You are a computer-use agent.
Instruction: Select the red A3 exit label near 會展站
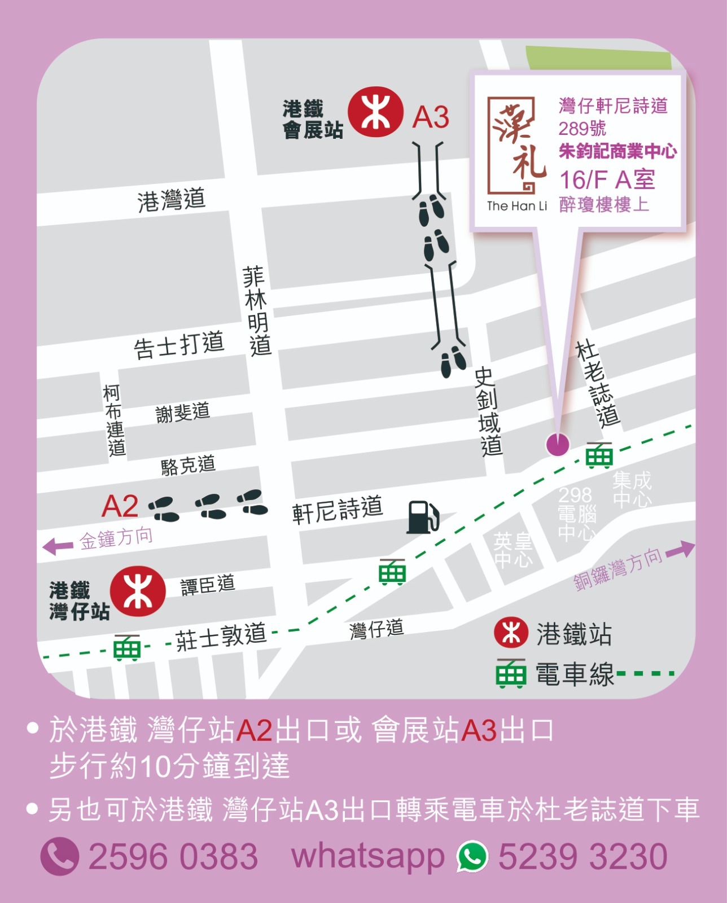[x=431, y=117]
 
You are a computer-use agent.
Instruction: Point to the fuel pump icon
[x=423, y=516]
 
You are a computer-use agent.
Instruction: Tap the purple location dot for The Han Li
[x=558, y=445]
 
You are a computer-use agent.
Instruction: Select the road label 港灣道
[x=171, y=200]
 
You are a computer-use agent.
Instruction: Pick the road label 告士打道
[x=179, y=344]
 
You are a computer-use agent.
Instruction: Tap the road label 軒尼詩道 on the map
[x=337, y=510]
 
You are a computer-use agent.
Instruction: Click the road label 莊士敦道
[x=221, y=637]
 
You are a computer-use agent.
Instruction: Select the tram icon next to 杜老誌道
[x=599, y=455]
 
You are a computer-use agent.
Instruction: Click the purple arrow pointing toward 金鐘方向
[x=58, y=546]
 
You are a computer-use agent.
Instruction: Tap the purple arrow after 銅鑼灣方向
[x=681, y=550]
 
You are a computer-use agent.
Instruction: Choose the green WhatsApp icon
[x=472, y=856]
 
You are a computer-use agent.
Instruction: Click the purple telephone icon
[x=59, y=856]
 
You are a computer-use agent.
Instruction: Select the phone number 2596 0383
[x=173, y=856]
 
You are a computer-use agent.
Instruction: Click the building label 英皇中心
[x=513, y=550]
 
